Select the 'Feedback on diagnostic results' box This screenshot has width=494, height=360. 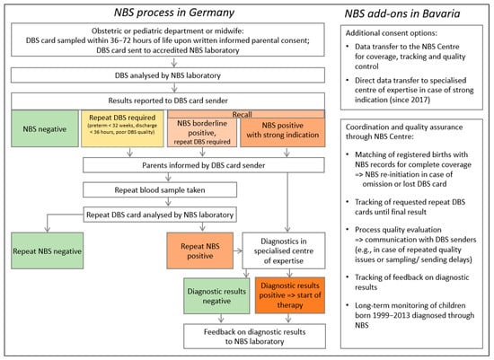coord(259,336)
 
